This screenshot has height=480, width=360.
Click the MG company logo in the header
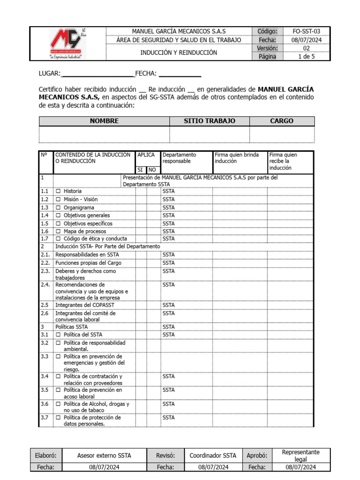pos(67,44)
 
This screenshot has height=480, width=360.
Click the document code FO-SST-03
pos(307,31)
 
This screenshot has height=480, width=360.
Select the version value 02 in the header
pos(307,48)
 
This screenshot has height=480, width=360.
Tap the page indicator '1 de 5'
pos(307,57)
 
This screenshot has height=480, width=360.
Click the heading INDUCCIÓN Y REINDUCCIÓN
pos(179,52)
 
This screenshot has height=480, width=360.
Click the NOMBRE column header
pos(104,121)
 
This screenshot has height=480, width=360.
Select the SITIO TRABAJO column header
pos(209,121)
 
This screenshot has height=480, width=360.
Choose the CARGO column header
pos(282,121)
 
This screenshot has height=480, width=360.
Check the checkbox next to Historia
pos(59,191)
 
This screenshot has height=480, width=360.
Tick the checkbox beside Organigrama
pos(59,208)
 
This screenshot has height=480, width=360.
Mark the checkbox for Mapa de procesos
pos(59,232)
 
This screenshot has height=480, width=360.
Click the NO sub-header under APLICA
pos(152,170)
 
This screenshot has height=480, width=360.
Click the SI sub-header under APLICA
pos(140,170)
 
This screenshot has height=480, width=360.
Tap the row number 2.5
pos(45,305)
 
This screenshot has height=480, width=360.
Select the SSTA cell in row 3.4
pos(169,376)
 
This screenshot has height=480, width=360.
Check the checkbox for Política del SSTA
pos(59,335)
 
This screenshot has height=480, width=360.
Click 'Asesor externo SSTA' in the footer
pos(104,455)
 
